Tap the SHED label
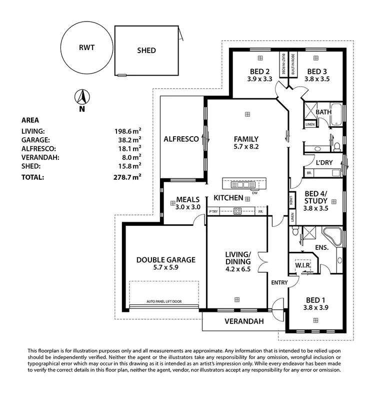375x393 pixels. tap(146, 50)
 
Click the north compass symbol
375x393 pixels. tap(81, 97)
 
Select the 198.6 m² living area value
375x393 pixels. tap(127, 131)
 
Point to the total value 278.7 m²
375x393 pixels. tap(127, 177)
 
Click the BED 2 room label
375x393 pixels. tap(259, 71)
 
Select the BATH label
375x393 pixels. tap(323, 112)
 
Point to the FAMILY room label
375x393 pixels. tap(246, 139)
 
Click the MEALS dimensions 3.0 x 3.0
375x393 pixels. tap(188, 207)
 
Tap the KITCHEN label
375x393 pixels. tap(228, 198)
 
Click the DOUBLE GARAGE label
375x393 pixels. tap(165, 260)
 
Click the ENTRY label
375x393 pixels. tap(279, 283)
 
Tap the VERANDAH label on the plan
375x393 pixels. tap(243, 321)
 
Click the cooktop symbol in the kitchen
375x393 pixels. tap(238, 211)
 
